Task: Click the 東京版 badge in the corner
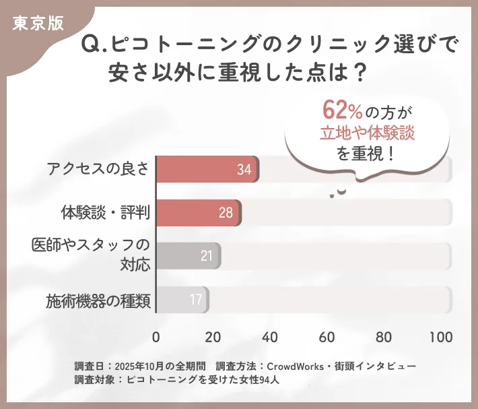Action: coord(38,22)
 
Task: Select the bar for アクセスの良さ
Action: coord(207,169)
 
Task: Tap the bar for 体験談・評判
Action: coord(199,213)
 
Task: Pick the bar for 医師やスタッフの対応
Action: coord(188,256)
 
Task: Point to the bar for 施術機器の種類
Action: coord(182,299)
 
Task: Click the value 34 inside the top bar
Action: coord(244,170)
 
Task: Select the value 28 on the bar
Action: coord(226,213)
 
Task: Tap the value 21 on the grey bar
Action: coord(207,256)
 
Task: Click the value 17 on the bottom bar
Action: coord(196,299)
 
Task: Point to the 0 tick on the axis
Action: coord(156,337)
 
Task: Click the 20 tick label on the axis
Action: coord(213,337)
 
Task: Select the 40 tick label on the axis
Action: coord(271,337)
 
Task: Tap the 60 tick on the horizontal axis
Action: coord(327,337)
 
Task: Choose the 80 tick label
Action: coord(384,337)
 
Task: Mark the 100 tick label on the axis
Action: coord(441,337)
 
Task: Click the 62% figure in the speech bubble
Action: coord(343,111)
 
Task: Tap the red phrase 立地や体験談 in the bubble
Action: coord(367,133)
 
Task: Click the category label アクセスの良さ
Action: coord(98,170)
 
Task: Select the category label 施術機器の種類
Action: coord(98,299)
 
